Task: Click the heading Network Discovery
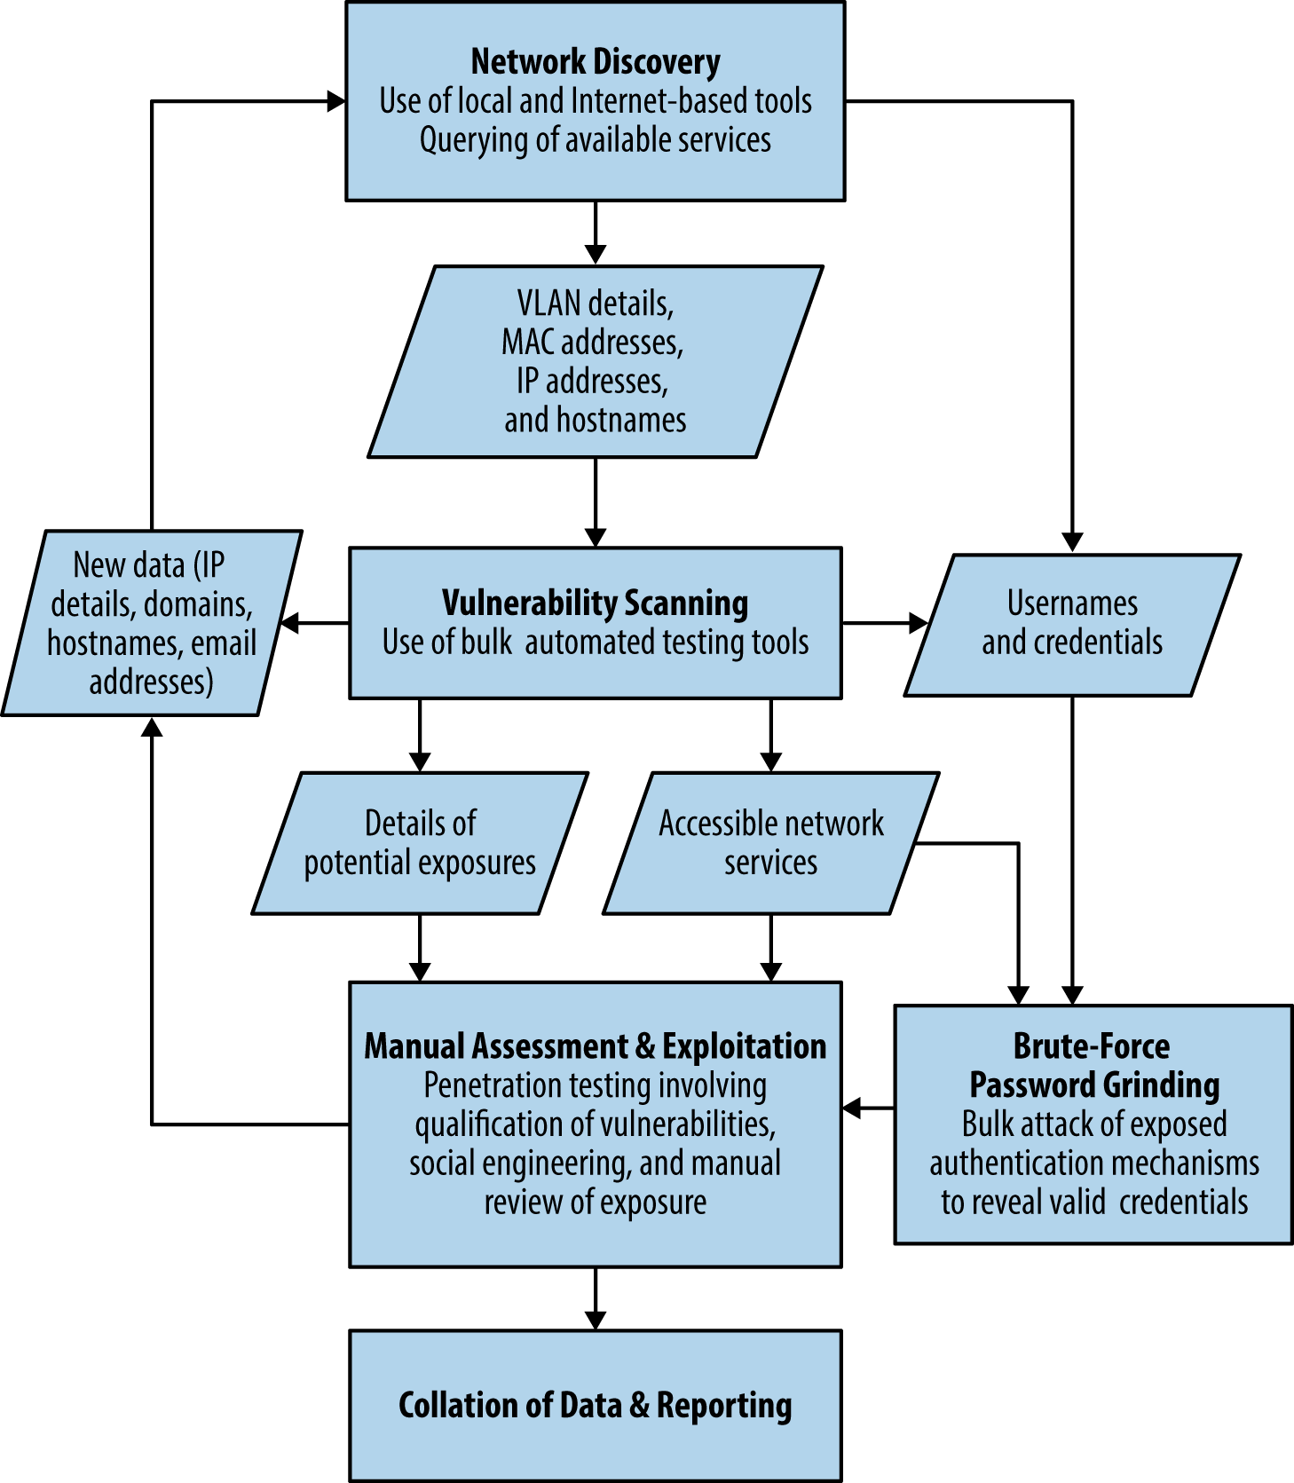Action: point(595,62)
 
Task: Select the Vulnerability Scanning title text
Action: point(595,603)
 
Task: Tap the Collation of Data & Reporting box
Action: point(595,1405)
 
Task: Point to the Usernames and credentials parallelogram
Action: point(1071,623)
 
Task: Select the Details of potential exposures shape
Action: point(420,842)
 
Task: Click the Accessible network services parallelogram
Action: point(770,842)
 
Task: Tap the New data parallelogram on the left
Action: point(151,623)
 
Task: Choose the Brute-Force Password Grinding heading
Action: point(1093,1065)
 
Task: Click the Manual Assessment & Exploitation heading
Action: point(595,1046)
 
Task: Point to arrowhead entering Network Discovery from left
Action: point(336,101)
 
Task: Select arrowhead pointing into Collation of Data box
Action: point(596,1320)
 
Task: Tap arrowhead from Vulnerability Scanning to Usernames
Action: point(919,623)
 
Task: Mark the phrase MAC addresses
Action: point(592,343)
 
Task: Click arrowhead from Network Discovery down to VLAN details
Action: point(596,255)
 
